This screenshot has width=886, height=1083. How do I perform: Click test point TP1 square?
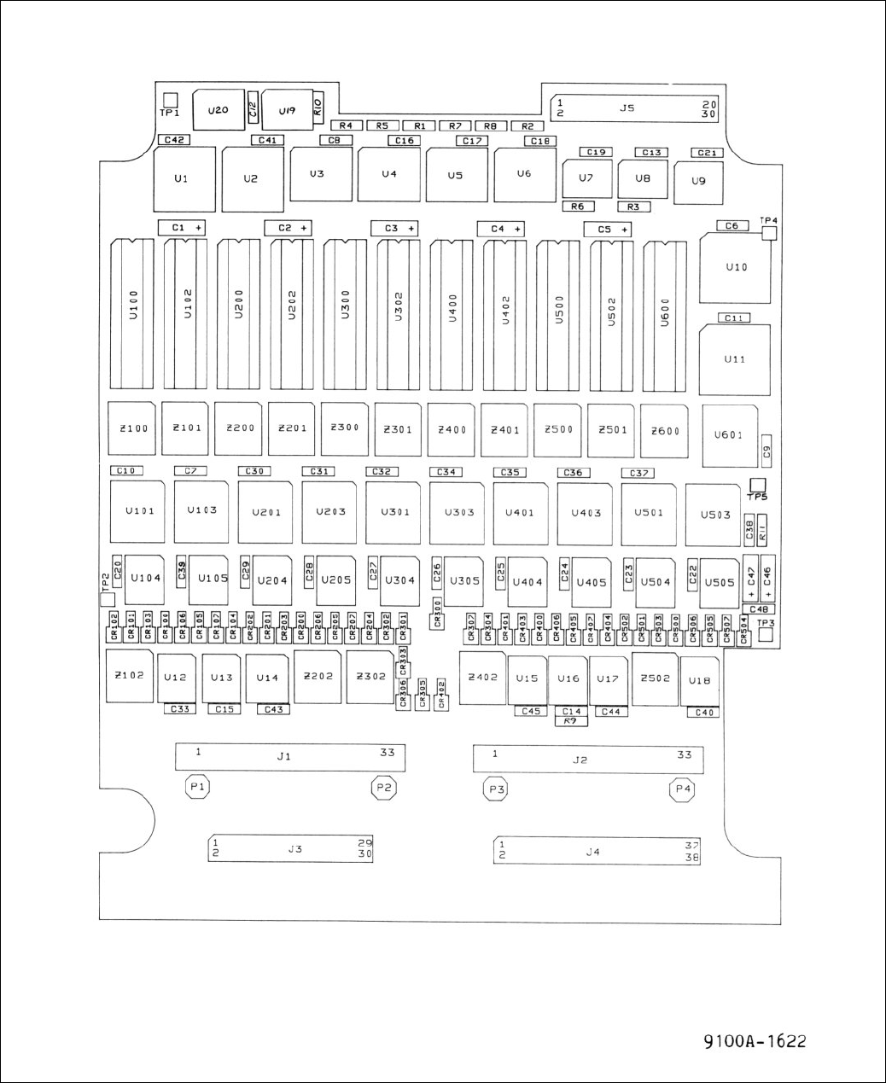pyautogui.click(x=170, y=100)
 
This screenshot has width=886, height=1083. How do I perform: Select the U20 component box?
pyautogui.click(x=218, y=110)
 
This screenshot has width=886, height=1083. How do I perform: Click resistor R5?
pyautogui.click(x=382, y=125)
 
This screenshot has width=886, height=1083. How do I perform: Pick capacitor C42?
pyautogui.click(x=173, y=139)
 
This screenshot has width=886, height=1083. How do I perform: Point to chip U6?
pyautogui.click(x=524, y=174)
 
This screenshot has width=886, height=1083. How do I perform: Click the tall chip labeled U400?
pyautogui.click(x=452, y=314)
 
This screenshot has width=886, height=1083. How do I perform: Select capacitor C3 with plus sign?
pyautogui.click(x=393, y=229)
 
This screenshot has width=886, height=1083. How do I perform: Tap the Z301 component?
pyautogui.click(x=398, y=428)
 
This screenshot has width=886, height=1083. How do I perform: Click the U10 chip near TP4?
pyautogui.click(x=736, y=267)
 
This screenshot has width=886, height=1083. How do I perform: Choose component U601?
pyautogui.click(x=729, y=435)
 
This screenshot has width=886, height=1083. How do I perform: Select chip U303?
pyautogui.click(x=459, y=512)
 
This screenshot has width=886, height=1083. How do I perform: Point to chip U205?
pyautogui.click(x=335, y=579)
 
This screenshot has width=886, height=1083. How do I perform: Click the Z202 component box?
pyautogui.click(x=318, y=675)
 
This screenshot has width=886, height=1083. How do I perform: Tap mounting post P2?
pyautogui.click(x=383, y=788)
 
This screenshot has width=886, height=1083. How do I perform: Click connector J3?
pyautogui.click(x=294, y=849)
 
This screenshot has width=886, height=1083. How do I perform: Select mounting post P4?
pyautogui.click(x=682, y=789)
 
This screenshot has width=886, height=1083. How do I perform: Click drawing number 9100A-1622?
pyautogui.click(x=755, y=1041)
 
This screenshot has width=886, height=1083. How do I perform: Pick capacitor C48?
pyautogui.click(x=759, y=609)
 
